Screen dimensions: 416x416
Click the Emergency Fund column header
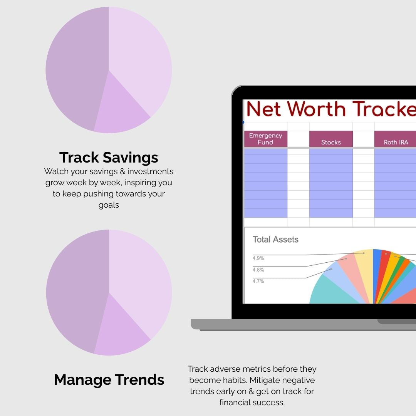tap(265, 139)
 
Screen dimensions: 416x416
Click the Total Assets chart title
tap(275, 240)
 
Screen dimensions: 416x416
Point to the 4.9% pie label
tap(258, 258)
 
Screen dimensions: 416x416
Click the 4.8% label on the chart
tap(258, 270)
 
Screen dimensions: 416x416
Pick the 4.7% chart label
tap(258, 281)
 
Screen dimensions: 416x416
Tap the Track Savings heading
tap(109, 157)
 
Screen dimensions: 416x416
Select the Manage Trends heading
tap(109, 379)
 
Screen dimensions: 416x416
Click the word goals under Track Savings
tap(109, 205)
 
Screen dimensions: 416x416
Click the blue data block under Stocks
tap(331, 183)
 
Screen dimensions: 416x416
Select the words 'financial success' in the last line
tap(252, 403)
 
